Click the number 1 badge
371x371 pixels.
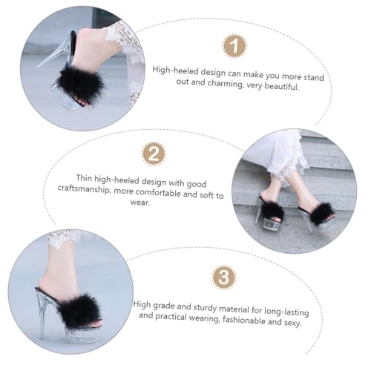(234, 45)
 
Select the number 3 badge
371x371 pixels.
(223, 278)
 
